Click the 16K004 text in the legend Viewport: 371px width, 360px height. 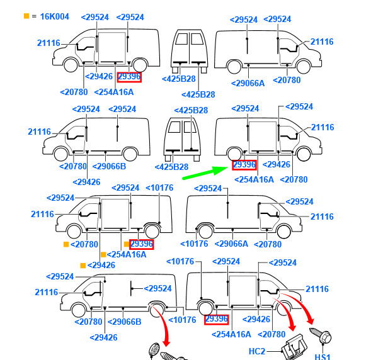coord(55,16)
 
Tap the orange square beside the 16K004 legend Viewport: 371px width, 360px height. coord(26,16)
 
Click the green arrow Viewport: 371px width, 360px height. coord(205,172)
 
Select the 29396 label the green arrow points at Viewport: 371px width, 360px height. coord(244,165)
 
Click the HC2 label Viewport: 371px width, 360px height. coord(257,351)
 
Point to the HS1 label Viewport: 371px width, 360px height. coord(322,356)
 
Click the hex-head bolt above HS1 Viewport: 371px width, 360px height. coord(321,335)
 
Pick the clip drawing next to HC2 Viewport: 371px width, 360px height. coord(294,347)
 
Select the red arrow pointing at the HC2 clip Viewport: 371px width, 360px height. coord(287,312)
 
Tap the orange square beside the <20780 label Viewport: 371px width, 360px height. coord(66,244)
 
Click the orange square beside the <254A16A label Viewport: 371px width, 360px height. coord(103,254)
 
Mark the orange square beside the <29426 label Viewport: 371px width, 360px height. coord(83,266)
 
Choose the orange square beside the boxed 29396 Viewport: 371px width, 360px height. coord(127,244)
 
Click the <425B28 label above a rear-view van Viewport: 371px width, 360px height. coord(191,110)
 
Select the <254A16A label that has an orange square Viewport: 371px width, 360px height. coord(127,254)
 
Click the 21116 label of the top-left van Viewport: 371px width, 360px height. coord(49,43)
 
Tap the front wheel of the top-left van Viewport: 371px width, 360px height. coord(71,65)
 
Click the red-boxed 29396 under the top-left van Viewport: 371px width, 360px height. coord(129,77)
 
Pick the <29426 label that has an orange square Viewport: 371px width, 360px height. coord(101,266)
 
